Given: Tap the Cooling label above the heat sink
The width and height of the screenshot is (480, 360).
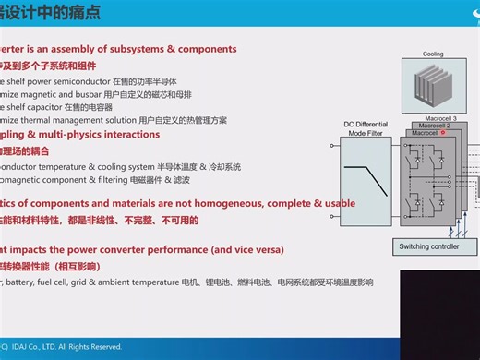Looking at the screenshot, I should tap(433, 54).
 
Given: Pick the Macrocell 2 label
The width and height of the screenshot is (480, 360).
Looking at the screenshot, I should tap(432, 126).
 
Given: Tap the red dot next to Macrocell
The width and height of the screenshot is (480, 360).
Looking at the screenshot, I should tap(444, 133).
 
